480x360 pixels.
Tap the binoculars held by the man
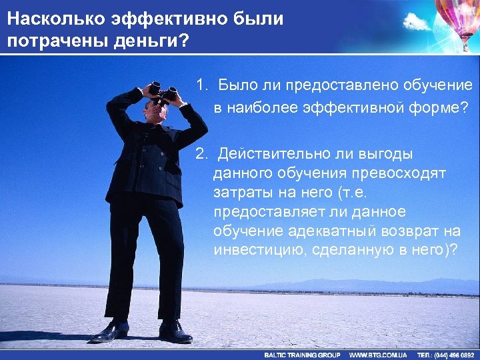click(x=163, y=91)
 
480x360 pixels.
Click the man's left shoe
click(x=175, y=331)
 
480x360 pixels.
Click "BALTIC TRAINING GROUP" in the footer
click(x=302, y=355)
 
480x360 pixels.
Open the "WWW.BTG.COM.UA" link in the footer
click(x=378, y=355)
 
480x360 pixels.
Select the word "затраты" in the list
click(x=242, y=193)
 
